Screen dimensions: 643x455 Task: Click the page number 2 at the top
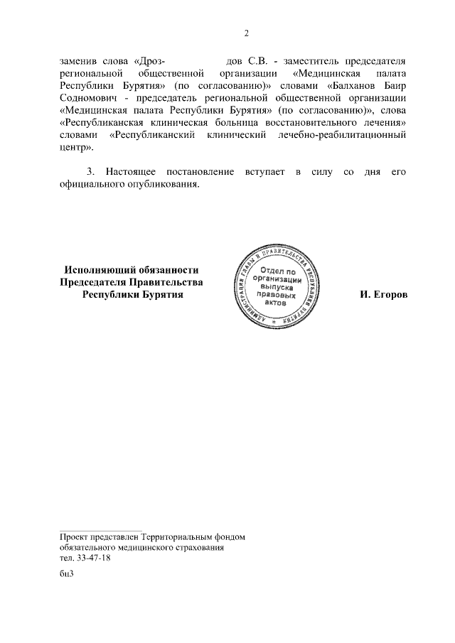click(246, 33)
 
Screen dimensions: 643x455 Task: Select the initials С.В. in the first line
click(255, 60)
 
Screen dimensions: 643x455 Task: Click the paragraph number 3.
click(90, 173)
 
